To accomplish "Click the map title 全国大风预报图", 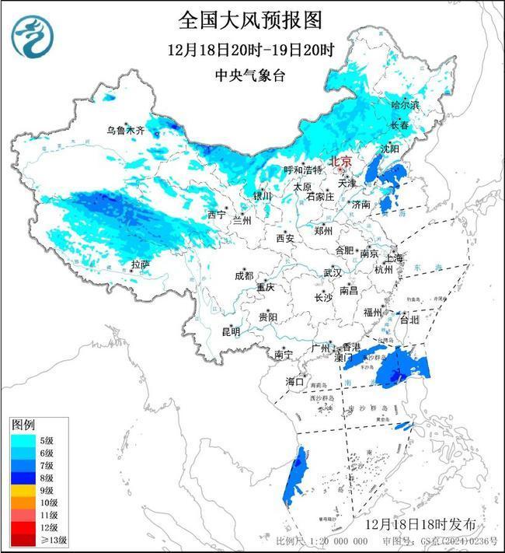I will pos(249,19).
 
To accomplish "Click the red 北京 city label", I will pos(341,162).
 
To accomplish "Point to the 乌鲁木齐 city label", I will pos(125,130).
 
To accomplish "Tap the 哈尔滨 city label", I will pos(405,103).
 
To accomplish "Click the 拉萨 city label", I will pos(140,265).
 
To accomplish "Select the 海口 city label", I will pos(294,381).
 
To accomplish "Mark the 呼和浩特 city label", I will pos(303,170).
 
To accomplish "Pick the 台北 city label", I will pos(409,319).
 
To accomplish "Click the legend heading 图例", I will pos(23,425).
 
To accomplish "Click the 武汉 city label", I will pos(333,273).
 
